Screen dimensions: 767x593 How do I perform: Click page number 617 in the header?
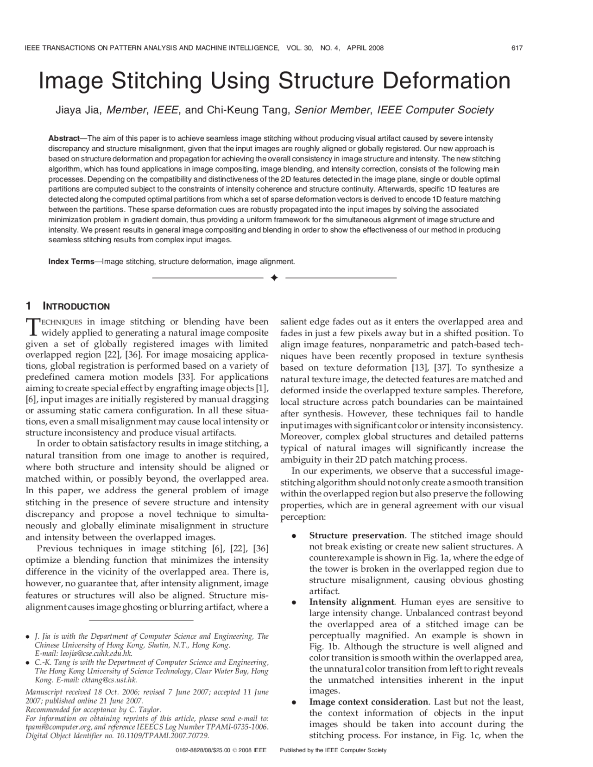pyautogui.click(x=517, y=48)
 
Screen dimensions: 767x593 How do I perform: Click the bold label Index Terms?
pyautogui.click(x=71, y=262)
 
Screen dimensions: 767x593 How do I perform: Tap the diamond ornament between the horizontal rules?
pyautogui.click(x=274, y=278)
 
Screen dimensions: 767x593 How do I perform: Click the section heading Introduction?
pyautogui.click(x=76, y=307)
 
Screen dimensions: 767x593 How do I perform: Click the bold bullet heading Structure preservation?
pyautogui.click(x=357, y=536)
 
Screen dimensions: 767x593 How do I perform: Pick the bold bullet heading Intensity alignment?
pyautogui.click(x=352, y=603)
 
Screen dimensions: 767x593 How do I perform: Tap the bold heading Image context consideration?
pyautogui.click(x=369, y=702)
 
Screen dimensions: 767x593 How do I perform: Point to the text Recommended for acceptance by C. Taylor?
pyautogui.click(x=93, y=710)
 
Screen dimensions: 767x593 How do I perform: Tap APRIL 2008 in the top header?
pyautogui.click(x=365, y=48)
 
